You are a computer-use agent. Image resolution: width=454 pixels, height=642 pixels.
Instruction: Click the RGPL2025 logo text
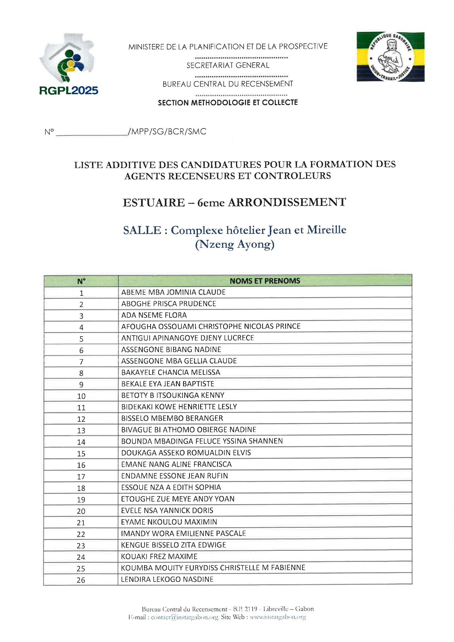69,91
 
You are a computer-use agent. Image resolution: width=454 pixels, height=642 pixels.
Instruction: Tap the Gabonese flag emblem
390,57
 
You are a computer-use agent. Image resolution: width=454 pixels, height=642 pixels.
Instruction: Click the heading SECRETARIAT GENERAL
228,65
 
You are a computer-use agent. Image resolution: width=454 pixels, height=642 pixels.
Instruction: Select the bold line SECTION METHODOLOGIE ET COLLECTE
228,103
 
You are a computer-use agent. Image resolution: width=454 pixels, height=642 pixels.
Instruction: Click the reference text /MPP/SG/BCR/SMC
167,132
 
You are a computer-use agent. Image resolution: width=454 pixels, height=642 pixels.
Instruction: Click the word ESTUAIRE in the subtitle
154,203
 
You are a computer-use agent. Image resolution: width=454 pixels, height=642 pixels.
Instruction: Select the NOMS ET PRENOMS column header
265,281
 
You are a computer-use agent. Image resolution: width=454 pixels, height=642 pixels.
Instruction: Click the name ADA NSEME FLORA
154,315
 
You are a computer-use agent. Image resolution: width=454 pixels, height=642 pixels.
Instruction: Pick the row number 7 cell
81,362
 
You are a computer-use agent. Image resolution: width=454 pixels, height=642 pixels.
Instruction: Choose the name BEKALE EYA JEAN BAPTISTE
168,384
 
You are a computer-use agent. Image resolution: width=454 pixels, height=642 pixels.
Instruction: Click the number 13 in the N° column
81,431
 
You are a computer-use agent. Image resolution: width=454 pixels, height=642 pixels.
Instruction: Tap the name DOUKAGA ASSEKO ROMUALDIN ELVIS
186,453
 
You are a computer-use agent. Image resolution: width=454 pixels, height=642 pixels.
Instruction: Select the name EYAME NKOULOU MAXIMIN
169,522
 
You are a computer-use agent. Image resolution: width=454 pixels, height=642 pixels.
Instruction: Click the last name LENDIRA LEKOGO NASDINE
167,579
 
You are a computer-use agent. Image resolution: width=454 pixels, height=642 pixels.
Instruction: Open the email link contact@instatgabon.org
184,617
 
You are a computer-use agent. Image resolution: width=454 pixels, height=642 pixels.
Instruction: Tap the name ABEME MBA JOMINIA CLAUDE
173,292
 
